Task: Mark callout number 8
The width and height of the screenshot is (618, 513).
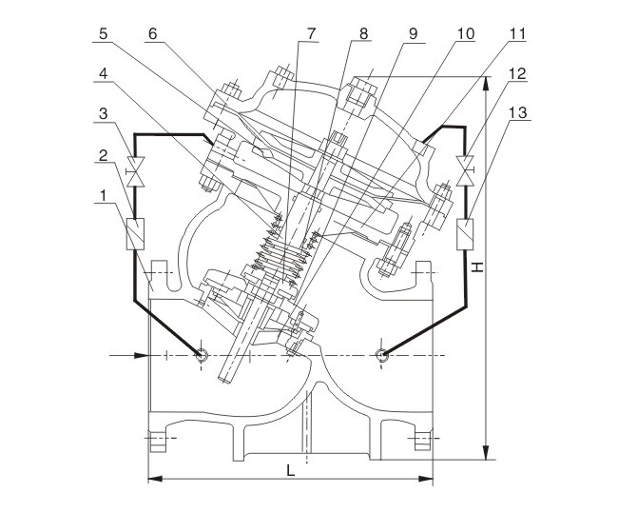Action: pos(363,32)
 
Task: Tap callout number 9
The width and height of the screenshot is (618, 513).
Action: pos(414,32)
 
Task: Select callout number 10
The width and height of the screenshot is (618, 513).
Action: pos(465,32)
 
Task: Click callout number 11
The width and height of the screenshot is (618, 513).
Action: pos(515,32)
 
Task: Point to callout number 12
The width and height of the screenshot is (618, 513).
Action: pos(515,73)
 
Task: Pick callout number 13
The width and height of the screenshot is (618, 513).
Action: pos(515,114)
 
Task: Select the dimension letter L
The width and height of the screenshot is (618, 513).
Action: pos(291,469)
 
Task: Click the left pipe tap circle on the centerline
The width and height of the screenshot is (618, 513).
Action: pos(201,355)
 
